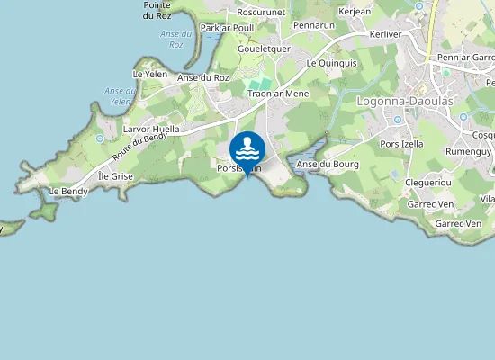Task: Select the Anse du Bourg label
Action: [328, 164]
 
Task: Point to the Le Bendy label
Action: [67, 192]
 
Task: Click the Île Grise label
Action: [115, 176]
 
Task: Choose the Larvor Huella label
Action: [150, 130]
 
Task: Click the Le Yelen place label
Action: [150, 74]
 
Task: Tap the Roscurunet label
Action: [261, 13]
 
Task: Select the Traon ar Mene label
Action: [279, 94]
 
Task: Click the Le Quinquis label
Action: [331, 64]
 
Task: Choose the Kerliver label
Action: [385, 34]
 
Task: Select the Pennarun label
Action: [313, 25]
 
